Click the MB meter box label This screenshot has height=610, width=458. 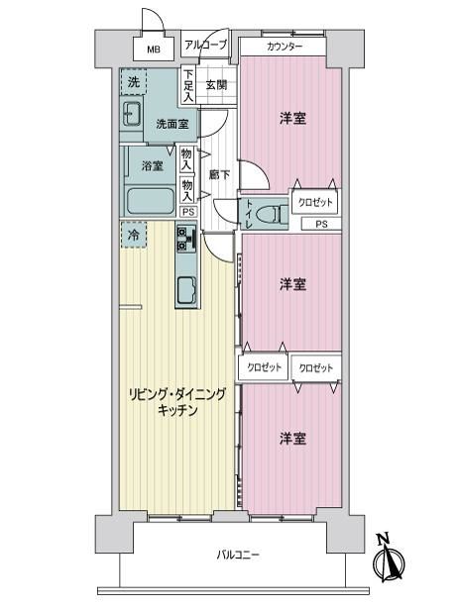coord(154,50)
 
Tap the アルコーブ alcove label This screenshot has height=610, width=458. coord(205,45)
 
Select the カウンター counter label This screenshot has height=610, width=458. coord(285,48)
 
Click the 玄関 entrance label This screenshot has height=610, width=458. coord(216,84)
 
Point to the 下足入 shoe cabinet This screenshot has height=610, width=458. coord(188,85)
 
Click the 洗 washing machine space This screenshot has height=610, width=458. coord(133,81)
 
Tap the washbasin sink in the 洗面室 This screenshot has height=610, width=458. coord(132,113)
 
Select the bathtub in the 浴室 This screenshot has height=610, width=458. coord(150,201)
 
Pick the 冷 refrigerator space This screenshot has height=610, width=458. coord(134,235)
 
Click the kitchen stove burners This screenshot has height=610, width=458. coord(186,238)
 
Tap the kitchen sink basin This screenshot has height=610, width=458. coord(187,290)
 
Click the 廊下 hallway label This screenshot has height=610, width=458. coord(219,175)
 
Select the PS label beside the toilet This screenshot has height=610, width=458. coord(321,224)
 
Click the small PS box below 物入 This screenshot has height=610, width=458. coord(188,212)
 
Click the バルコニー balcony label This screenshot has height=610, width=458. coord(238,555)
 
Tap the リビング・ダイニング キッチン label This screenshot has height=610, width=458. coord(177,402)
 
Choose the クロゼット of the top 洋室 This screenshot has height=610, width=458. coord(315,202)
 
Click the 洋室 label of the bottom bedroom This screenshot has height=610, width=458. coord(292,439)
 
